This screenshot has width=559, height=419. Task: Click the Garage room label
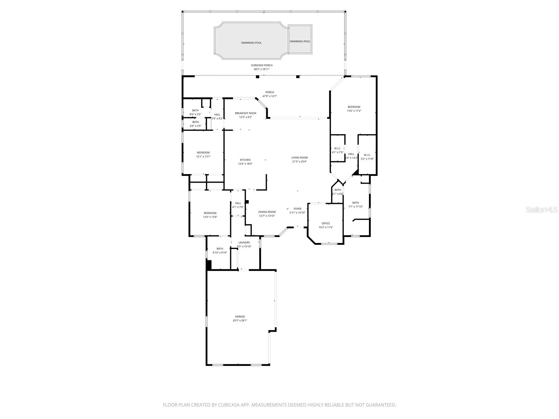[240, 317]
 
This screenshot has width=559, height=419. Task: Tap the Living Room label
[299, 157]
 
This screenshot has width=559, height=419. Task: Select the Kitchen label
[245, 160]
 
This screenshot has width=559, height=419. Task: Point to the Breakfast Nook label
[245, 113]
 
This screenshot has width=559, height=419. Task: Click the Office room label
[326, 223]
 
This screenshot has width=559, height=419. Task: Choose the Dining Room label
[267, 212]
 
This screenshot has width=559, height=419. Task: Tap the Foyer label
[297, 209]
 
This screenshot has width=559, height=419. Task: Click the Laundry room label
[244, 243]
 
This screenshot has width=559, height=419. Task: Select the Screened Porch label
[261, 65]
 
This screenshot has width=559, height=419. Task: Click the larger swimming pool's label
[251, 43]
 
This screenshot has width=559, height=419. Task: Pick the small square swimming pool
[300, 39]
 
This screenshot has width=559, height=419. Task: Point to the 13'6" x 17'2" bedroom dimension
[354, 111]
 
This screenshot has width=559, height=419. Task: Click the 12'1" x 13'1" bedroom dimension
[203, 156]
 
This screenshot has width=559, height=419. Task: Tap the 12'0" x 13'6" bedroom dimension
[210, 217]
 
